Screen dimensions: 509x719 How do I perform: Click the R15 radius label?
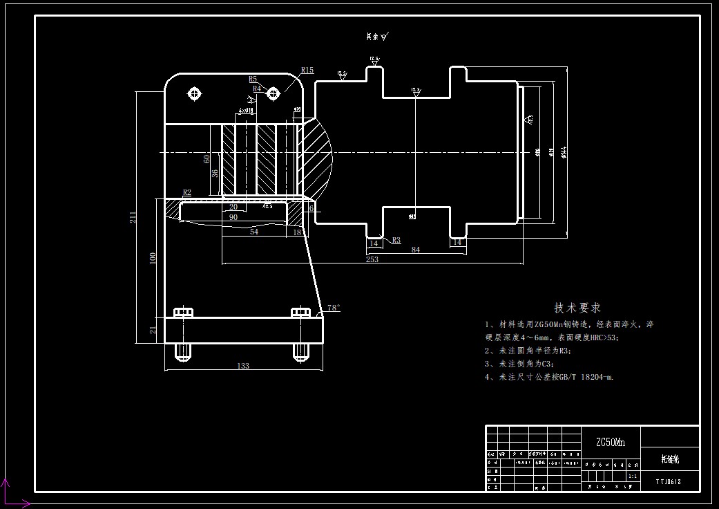tap(307, 70)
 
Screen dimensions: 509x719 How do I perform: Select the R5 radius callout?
tap(253, 80)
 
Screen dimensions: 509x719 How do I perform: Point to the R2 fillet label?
tap(187, 192)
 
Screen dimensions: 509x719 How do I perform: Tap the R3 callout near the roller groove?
tap(396, 241)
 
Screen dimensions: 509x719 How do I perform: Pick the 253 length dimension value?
tap(372, 259)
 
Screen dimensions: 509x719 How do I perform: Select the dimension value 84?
tap(415, 249)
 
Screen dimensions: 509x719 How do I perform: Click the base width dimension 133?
tap(242, 366)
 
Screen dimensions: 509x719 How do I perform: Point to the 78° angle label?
tap(334, 308)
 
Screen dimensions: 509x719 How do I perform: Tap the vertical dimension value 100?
tap(153, 257)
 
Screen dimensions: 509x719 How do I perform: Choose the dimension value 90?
tap(233, 217)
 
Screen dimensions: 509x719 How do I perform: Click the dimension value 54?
tap(253, 232)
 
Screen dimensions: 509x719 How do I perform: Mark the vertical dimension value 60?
tap(207, 159)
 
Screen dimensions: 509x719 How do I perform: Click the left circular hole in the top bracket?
tap(194, 93)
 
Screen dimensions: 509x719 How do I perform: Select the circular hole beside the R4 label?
tap(273, 93)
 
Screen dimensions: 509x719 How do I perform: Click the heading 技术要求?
tap(577, 308)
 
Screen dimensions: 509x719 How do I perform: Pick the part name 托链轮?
tap(670, 459)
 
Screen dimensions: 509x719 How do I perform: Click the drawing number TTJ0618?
tap(669, 481)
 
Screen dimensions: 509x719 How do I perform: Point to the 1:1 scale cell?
tap(633, 476)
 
